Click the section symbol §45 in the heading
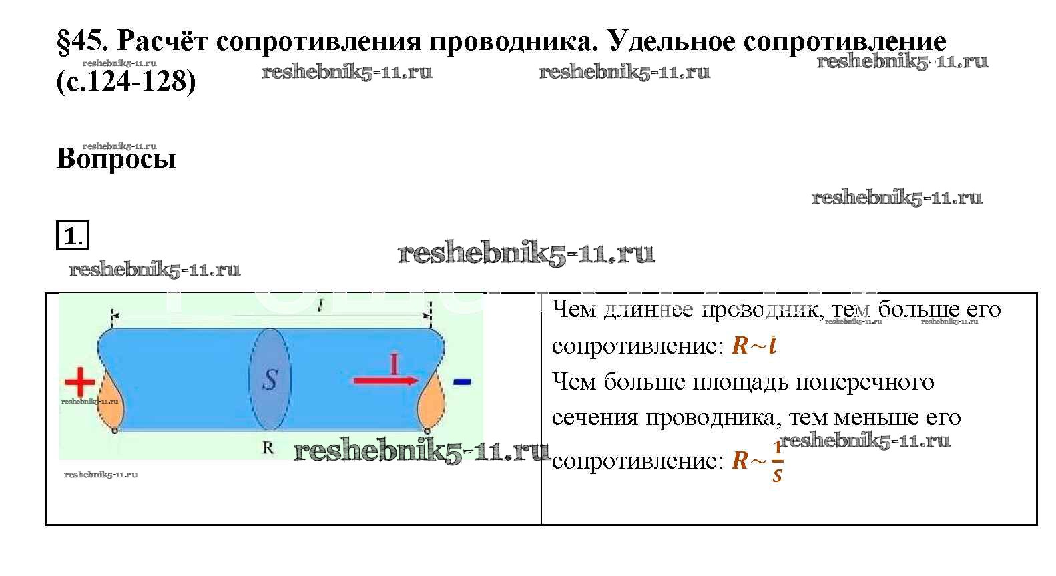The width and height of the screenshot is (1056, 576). pos(83,41)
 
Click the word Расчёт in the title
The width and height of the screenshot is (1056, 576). pos(162,41)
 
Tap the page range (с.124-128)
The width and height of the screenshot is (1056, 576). pos(126,81)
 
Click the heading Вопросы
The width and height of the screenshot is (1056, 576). pos(116,158)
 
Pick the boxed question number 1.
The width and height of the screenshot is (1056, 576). pos(73,235)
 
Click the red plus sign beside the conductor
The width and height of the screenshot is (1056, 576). pos(79,382)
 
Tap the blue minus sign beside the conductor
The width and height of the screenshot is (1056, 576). pos(461,382)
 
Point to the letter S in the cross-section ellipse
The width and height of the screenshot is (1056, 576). pos(270,380)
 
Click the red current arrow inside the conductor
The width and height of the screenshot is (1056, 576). pos(386,380)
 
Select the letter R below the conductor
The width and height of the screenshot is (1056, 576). pos(268,447)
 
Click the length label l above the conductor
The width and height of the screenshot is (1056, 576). pos(320,306)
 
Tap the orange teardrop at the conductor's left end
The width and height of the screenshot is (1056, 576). pos(111,400)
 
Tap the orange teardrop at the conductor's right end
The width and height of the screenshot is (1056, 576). pos(431,400)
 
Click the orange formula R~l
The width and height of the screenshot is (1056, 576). pos(754,346)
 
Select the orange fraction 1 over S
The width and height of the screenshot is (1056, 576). pos(778,461)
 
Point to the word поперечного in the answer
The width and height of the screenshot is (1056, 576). pos(864,382)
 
